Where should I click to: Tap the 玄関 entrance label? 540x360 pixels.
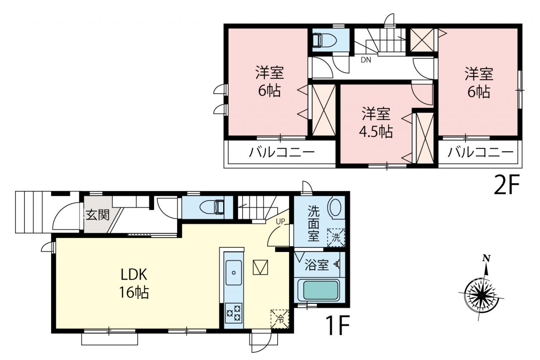tap(98, 214)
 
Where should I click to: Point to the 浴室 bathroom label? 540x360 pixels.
tap(316, 265)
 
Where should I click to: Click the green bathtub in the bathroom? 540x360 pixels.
tap(320, 290)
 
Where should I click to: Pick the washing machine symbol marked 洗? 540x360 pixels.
tap(336, 238)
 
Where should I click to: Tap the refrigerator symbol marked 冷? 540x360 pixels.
tap(280, 319)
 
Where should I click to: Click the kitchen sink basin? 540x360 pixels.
tap(233, 273)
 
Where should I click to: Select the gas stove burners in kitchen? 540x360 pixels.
tap(233, 313)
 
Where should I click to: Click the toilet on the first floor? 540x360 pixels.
tap(212, 207)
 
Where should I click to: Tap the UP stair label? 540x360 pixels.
tap(281, 221)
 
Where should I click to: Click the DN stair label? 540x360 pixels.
tap(366, 60)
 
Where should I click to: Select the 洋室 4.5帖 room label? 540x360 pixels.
tap(376, 123)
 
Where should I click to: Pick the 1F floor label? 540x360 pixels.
tap(337, 325)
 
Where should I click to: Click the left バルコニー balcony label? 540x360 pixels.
tap(282, 152)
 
